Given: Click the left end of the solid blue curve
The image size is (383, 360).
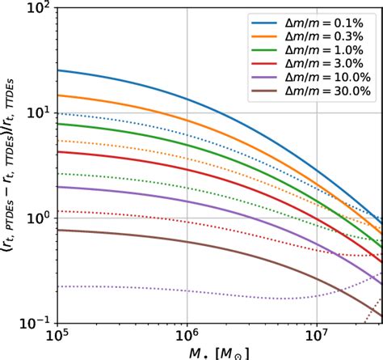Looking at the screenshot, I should [57, 70].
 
